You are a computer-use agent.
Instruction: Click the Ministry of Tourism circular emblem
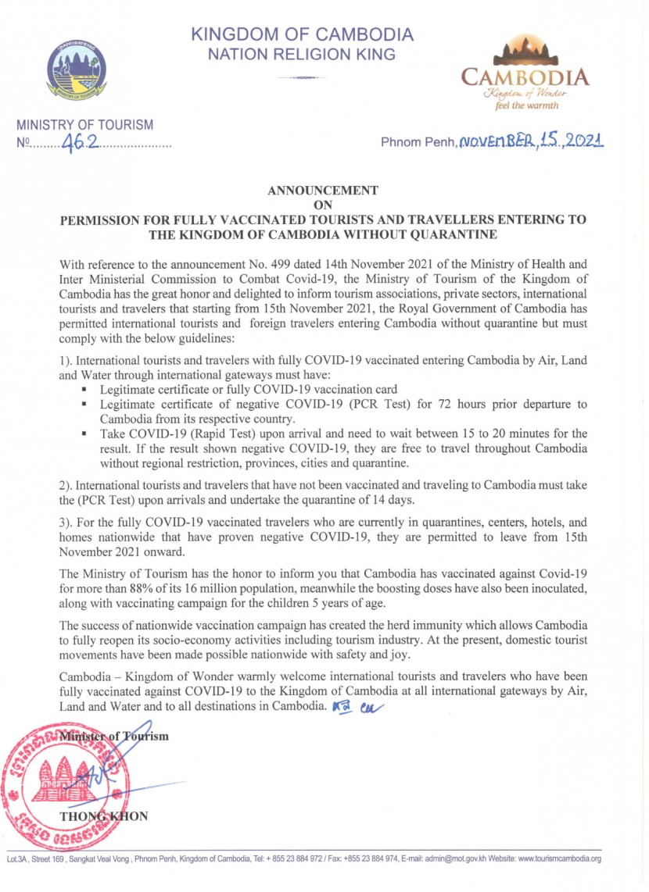[76, 70]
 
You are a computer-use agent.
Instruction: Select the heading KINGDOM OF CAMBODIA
[302, 35]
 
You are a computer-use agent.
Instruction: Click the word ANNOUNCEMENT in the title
[323, 190]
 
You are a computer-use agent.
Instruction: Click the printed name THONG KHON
[103, 818]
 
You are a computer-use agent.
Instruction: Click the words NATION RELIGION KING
[301, 55]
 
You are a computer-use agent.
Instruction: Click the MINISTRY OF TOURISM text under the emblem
[85, 125]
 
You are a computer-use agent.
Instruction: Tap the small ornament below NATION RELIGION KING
[301, 77]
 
